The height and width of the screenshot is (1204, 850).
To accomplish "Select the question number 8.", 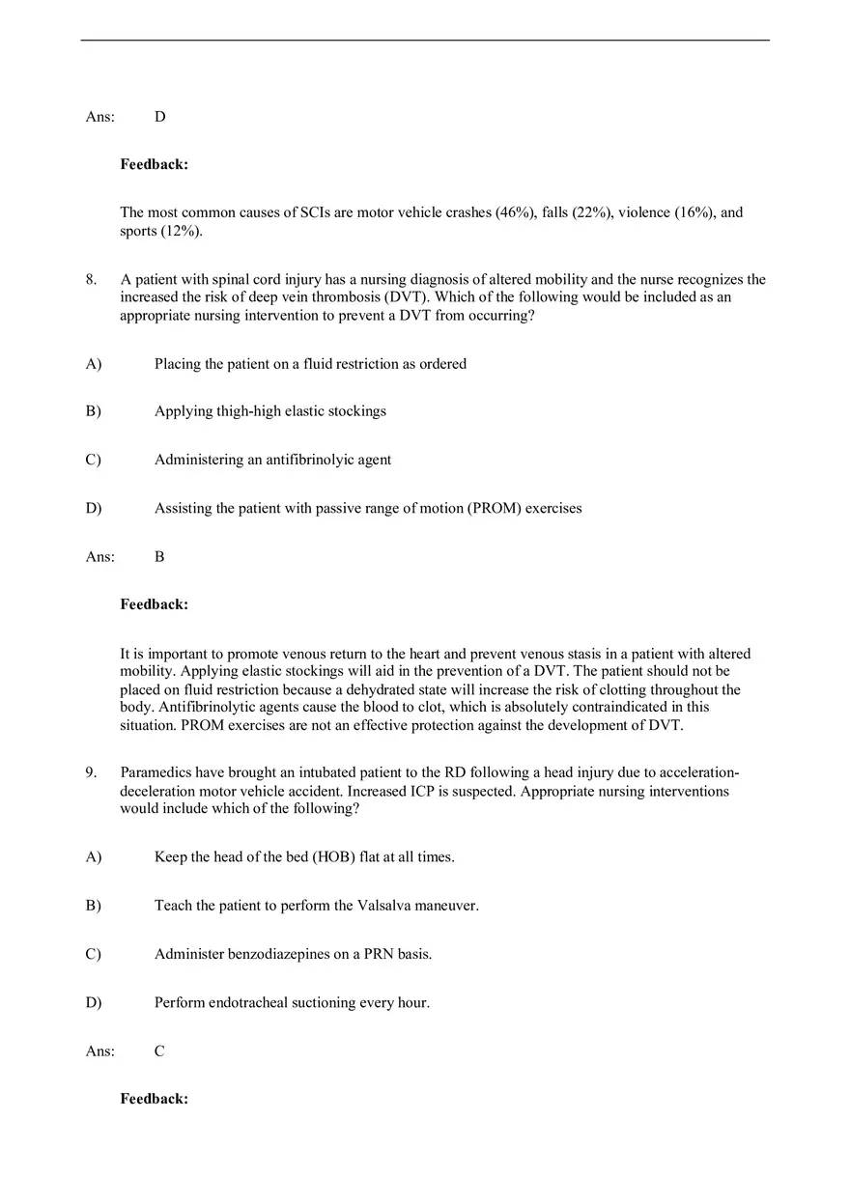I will pos(91,280).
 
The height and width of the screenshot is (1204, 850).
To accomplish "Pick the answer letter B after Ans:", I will pos(159,557).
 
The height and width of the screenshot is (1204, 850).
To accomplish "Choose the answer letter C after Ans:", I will pos(159,1051).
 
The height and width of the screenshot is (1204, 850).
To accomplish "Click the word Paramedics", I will pos(155,772).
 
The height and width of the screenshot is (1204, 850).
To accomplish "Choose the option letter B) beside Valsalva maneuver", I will pos(94,907).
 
